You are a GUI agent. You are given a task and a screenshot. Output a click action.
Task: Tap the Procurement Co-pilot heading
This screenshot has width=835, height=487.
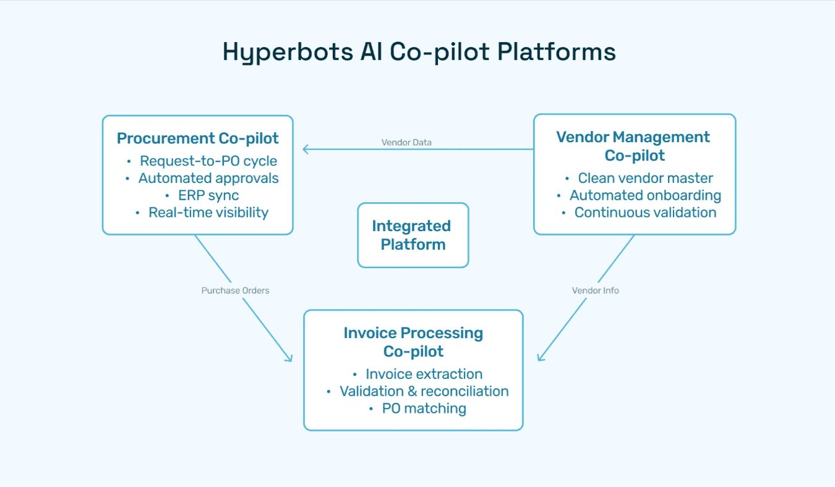tap(198, 138)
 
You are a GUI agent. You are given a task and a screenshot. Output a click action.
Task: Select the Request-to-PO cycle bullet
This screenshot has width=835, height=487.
tap(208, 161)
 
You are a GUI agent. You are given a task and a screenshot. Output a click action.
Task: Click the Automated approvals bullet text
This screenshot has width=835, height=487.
tap(208, 179)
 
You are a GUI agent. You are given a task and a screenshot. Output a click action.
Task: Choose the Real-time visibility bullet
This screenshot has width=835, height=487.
tap(208, 213)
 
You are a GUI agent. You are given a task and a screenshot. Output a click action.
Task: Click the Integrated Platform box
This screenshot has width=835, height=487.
tap(413, 235)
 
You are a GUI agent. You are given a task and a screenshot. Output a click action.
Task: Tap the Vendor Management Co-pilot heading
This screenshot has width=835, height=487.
tap(633, 146)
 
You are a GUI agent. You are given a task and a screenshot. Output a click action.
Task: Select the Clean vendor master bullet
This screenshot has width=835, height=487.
tap(645, 179)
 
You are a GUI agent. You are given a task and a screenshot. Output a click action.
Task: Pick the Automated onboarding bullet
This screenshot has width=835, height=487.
tap(645, 195)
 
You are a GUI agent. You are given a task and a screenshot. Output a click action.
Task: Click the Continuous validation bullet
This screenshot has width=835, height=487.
tap(645, 213)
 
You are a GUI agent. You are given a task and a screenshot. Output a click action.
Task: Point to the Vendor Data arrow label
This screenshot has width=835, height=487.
tap(406, 143)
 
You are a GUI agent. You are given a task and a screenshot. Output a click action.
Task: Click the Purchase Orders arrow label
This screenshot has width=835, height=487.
tap(235, 290)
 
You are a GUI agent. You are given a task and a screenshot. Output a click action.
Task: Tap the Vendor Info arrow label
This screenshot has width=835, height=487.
tap(595, 290)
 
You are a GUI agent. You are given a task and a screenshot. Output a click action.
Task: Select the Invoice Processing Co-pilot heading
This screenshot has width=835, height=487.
tap(413, 342)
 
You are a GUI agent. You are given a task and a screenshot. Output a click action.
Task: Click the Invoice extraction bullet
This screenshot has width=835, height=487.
tap(424, 375)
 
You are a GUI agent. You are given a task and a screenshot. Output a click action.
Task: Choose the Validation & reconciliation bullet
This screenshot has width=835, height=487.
tap(424, 391)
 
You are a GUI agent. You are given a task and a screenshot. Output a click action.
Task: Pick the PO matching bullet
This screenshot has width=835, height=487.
tap(424, 409)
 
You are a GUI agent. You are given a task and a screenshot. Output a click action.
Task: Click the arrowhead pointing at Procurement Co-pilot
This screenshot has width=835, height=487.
tap(306, 149)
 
